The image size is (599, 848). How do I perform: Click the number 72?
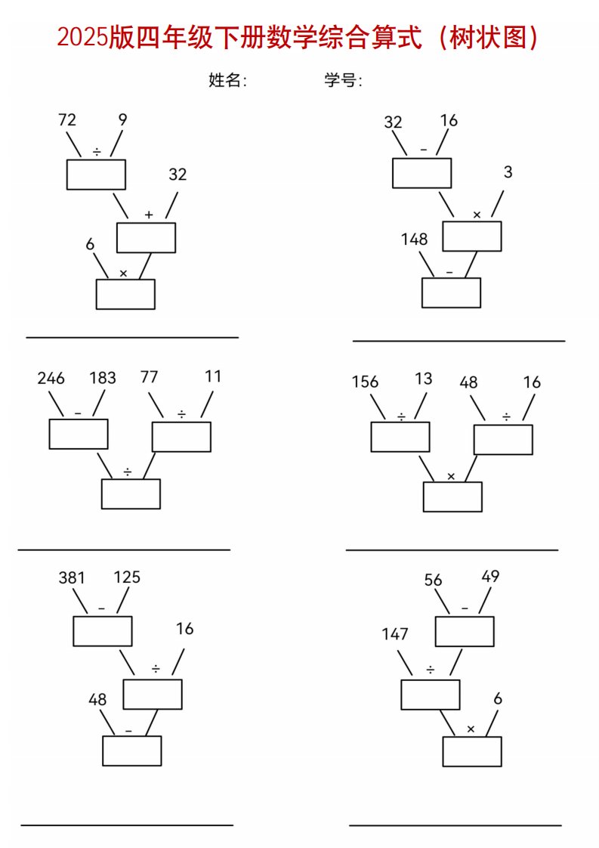coord(67,119)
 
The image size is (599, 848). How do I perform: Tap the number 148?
coord(414,240)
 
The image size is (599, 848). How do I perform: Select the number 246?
coord(51,379)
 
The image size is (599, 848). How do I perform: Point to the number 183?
coord(103,379)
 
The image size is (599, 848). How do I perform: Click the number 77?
coord(149,377)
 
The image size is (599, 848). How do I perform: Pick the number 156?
coord(365,382)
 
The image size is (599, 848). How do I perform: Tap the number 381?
coord(72,578)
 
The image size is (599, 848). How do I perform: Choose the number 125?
coord(127,577)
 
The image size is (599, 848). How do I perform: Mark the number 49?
coord(490,577)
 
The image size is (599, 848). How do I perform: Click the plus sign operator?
coord(148,215)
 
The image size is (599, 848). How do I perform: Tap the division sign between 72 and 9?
coord(97,152)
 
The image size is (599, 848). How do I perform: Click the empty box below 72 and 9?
coord(96,175)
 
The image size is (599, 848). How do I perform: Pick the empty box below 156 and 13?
coord(400,437)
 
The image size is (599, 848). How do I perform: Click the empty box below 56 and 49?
coord(464,632)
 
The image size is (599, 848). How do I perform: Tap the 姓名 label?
coord(227,81)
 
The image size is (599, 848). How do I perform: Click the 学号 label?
coord(343,81)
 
